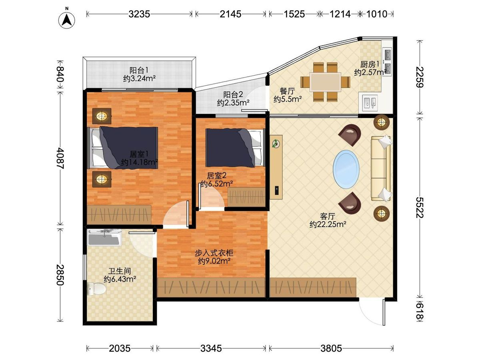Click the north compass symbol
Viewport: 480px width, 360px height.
tap(67, 20)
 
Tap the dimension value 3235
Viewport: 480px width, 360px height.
tap(139, 14)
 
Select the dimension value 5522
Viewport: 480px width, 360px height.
tap(420, 208)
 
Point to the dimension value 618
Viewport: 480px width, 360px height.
tap(420, 310)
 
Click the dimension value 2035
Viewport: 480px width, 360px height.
tap(120, 348)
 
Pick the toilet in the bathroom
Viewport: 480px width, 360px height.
tap(96, 288)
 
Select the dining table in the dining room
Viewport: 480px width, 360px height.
tap(325, 82)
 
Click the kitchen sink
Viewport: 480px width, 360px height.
tap(370, 102)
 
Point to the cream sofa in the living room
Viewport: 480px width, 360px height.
tap(381, 168)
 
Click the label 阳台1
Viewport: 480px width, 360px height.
tap(139, 70)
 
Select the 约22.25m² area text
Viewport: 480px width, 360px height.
tap(328, 224)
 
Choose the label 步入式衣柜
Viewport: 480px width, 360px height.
tap(214, 253)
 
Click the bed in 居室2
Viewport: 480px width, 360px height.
tap(235, 148)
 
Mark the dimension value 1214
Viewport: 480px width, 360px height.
tap(340, 14)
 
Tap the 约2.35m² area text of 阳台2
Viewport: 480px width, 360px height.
tap(233, 102)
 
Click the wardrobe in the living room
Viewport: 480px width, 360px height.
tap(313, 288)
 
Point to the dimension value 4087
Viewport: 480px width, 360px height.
tap(60, 158)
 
